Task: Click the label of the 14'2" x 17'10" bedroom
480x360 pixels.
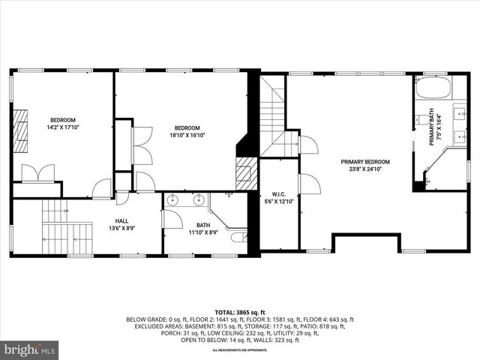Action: pos(63,124)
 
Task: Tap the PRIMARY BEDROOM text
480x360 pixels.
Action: pos(364,165)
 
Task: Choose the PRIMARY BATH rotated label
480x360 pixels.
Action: pos(434,127)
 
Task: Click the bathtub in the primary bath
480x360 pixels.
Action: pos(430,88)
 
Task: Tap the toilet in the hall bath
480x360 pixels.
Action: pos(238,238)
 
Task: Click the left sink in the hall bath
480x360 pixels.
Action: pos(172,200)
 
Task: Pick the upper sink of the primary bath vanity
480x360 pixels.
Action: pos(460,113)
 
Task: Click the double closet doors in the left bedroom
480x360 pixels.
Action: pos(37,173)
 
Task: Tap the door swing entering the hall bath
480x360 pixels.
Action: pos(172,219)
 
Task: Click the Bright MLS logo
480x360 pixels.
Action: pos(30,349)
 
